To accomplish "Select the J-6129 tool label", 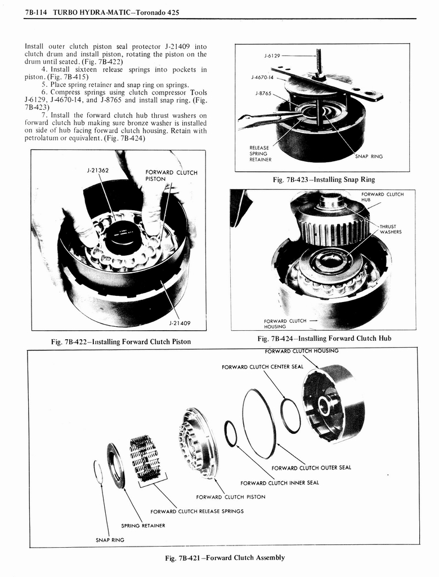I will [272, 56].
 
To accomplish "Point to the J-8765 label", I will [263, 93].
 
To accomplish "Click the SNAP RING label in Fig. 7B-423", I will [369, 157].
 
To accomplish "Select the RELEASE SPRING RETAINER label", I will [260, 154].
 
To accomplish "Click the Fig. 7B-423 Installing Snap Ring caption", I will [322, 180].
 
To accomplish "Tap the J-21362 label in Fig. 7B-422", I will [97, 168].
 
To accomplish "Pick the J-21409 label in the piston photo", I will [180, 323].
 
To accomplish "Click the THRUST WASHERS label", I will [390, 229].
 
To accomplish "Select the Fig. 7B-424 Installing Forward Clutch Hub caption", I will [324, 338].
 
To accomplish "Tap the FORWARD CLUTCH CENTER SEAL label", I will [262, 367].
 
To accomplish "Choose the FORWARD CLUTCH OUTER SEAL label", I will [311, 467].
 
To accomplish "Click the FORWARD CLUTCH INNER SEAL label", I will [279, 482].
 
